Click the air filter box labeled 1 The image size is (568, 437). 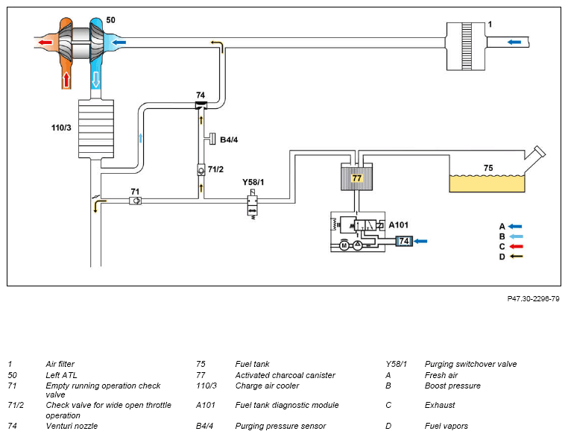(x=465, y=46)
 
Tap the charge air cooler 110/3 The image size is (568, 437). (x=96, y=128)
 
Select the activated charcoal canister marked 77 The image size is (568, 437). (x=357, y=177)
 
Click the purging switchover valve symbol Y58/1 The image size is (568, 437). (x=253, y=205)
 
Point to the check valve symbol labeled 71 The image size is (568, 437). (x=135, y=201)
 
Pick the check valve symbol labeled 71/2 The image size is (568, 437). (x=201, y=170)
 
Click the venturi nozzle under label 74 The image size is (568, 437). (x=201, y=105)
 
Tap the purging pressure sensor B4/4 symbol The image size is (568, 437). (x=211, y=139)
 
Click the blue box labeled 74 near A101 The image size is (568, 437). (x=404, y=241)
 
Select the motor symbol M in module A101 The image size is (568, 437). (x=344, y=245)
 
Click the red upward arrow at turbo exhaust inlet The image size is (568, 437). (x=66, y=79)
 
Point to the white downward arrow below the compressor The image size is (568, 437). (x=95, y=79)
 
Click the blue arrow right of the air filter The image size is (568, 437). (x=514, y=42)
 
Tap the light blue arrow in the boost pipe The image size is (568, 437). (x=141, y=138)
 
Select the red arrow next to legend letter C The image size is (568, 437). (x=516, y=246)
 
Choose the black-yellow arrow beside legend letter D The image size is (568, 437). (x=516, y=257)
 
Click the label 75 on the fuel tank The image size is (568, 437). (x=488, y=168)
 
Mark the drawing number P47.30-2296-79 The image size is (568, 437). (x=533, y=298)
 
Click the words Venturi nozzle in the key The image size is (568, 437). (x=72, y=426)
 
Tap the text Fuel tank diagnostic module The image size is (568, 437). (x=287, y=405)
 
